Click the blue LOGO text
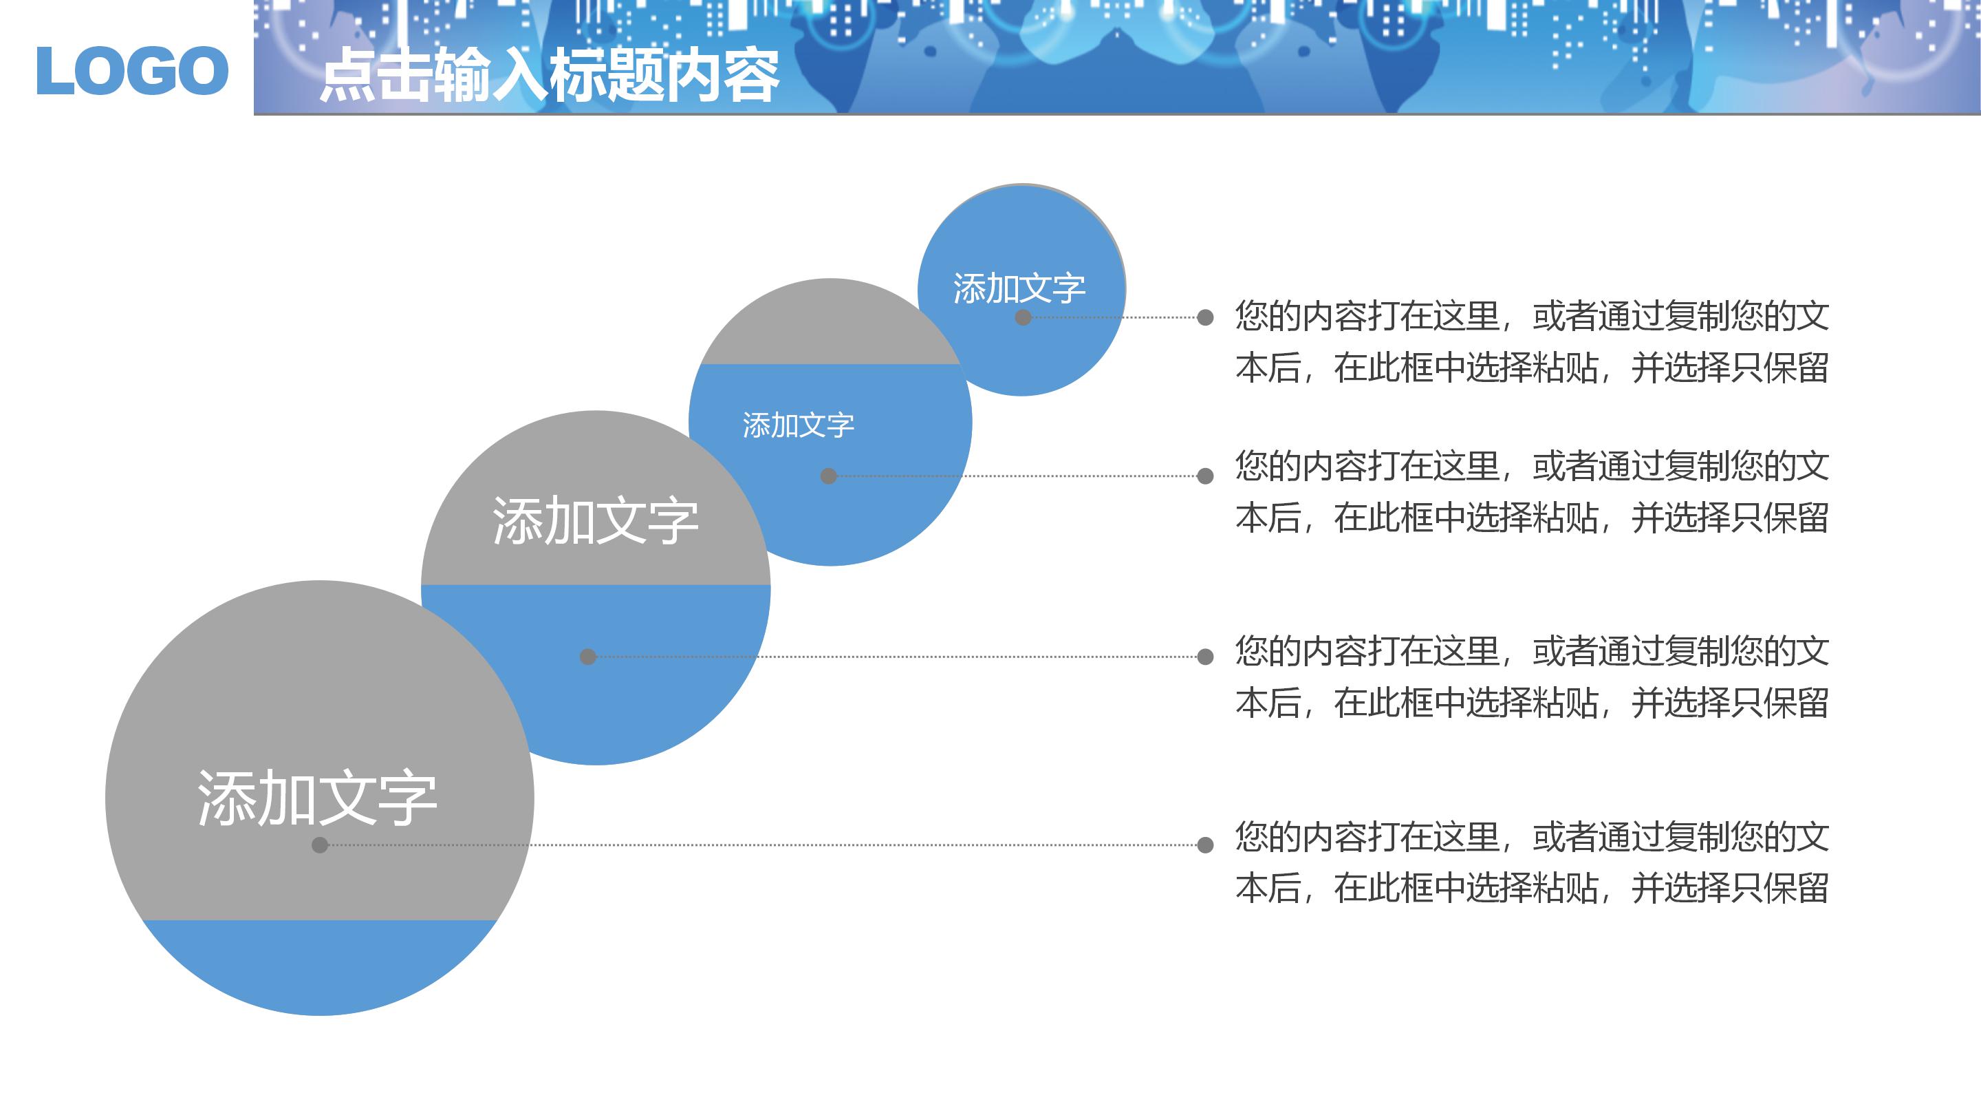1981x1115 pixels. (x=132, y=71)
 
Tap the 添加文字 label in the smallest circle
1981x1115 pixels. (x=1019, y=288)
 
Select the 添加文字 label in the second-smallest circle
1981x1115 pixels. (x=798, y=425)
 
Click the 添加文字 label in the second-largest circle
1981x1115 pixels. (x=595, y=521)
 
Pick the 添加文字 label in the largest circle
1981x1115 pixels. (x=318, y=798)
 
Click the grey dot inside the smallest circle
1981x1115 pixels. (x=1023, y=317)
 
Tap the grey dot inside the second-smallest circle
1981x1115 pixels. (x=828, y=476)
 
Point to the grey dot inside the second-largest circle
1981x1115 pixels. (x=587, y=657)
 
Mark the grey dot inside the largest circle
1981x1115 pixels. (x=320, y=845)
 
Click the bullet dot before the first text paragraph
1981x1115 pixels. (x=1205, y=317)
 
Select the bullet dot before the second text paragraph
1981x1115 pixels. (x=1205, y=476)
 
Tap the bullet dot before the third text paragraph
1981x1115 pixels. (x=1205, y=657)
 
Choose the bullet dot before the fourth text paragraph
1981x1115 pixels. (x=1205, y=845)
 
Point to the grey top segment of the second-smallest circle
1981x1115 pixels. (x=829, y=323)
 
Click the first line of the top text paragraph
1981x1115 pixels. (x=1531, y=317)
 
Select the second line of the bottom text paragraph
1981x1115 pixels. (x=1531, y=888)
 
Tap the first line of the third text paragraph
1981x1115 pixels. (x=1531, y=651)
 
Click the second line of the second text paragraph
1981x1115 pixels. (x=1531, y=517)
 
